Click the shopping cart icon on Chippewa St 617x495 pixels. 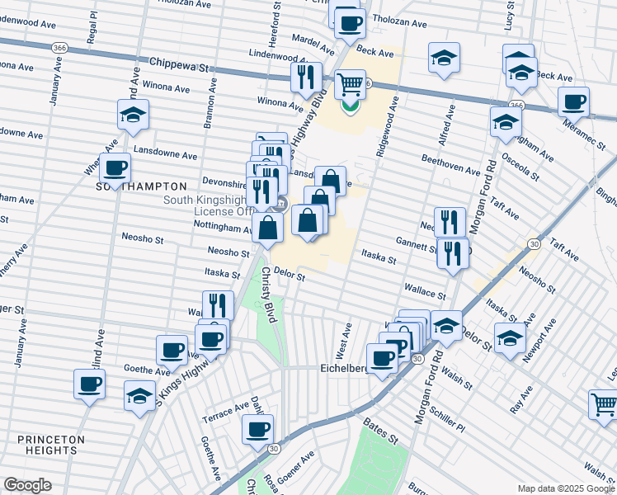click(x=351, y=84)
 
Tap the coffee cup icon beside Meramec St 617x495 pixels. click(x=573, y=102)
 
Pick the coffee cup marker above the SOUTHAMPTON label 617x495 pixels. click(x=115, y=168)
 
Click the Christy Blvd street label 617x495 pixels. click(x=267, y=289)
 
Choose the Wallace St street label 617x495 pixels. click(x=425, y=290)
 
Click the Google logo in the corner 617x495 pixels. click(x=28, y=485)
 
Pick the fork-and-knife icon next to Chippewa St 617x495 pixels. click(x=306, y=77)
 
